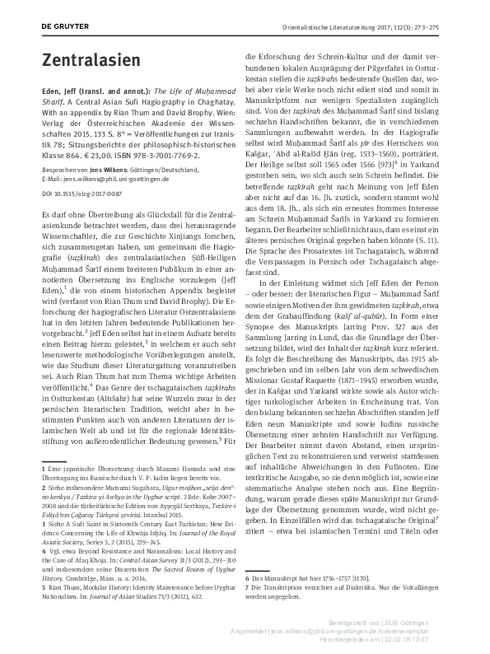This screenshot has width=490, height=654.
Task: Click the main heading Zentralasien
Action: (x=86, y=60)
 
